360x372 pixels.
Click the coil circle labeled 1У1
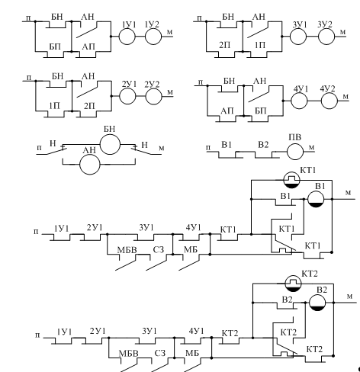tap(127, 37)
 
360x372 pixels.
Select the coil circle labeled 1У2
tap(153, 37)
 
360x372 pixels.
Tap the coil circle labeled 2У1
tap(127, 96)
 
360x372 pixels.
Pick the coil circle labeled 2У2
tap(153, 96)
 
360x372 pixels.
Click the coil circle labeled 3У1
tap(298, 37)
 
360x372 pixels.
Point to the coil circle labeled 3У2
tap(326, 37)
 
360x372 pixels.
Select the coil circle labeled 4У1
tap(299, 101)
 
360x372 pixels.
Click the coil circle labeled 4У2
tap(329, 101)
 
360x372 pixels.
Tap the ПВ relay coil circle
tap(295, 152)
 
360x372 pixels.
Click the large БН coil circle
tap(110, 144)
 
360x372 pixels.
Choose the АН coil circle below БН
tap(90, 165)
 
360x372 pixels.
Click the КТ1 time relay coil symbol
tap(291, 180)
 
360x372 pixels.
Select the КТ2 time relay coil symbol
tap(293, 284)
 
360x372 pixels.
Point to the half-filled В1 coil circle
tap(316, 199)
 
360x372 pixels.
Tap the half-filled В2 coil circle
tap(317, 303)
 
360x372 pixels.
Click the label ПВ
tap(294, 137)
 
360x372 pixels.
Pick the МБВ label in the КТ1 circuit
tap(127, 250)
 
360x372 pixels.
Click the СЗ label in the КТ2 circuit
tap(160, 353)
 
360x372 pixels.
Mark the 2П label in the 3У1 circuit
tap(224, 45)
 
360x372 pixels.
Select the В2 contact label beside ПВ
tap(263, 145)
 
